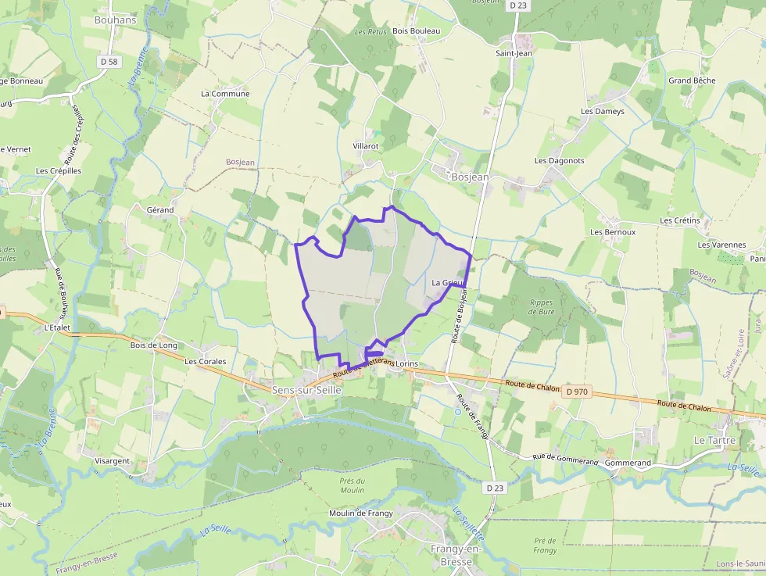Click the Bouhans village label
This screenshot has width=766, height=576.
click(x=115, y=20)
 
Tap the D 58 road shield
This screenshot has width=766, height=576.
click(x=109, y=61)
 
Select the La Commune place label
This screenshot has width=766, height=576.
click(x=225, y=94)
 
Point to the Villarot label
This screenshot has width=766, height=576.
click(x=366, y=146)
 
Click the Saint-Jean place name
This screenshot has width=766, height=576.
click(x=514, y=53)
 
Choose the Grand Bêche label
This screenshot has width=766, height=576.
click(x=692, y=80)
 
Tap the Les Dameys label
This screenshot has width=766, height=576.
click(x=603, y=111)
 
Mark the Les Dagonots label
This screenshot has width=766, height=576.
click(x=559, y=160)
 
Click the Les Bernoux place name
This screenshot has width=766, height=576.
click(x=613, y=232)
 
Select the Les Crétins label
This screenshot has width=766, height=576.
click(x=679, y=220)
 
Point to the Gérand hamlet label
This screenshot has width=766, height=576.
click(x=160, y=209)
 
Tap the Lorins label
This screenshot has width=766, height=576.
click(x=407, y=364)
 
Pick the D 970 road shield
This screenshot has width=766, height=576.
click(x=577, y=391)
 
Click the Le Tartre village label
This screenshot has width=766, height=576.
click(x=714, y=440)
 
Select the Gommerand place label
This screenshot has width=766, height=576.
click(x=628, y=463)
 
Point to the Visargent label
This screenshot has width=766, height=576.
click(x=112, y=461)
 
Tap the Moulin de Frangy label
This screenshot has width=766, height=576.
click(x=360, y=513)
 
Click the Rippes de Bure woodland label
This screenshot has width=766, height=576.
click(x=541, y=307)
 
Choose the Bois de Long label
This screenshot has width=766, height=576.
click(x=153, y=345)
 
